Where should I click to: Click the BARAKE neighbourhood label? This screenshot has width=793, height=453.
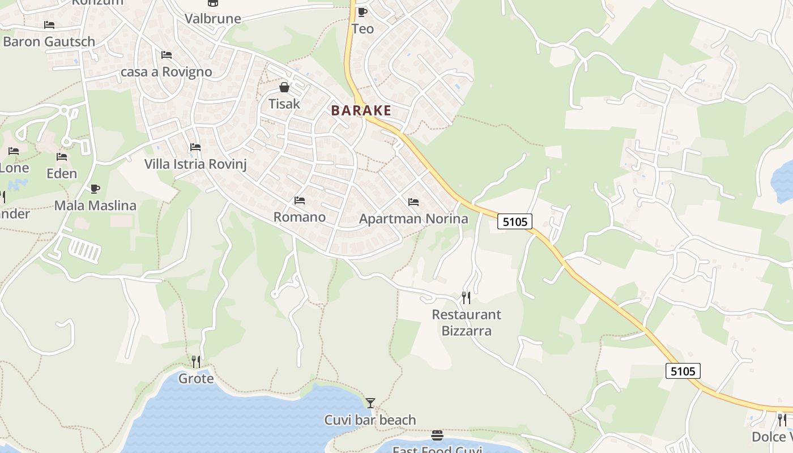[361, 110]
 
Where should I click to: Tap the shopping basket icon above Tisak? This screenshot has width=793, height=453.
[284, 87]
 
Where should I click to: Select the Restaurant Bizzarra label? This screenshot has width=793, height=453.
[466, 322]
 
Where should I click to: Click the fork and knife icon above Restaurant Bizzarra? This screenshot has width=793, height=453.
[466, 297]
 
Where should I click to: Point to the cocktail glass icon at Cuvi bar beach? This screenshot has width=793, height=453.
[370, 403]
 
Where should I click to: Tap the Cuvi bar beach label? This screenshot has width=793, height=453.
[370, 420]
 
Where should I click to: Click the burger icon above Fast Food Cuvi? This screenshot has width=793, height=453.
[437, 435]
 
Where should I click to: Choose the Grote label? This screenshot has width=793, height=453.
[196, 378]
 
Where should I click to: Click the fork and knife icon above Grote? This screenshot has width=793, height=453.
[196, 361]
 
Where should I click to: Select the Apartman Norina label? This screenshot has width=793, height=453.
[413, 219]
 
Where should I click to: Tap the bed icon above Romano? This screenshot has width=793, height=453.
[300, 200]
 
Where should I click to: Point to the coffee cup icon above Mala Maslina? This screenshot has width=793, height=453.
[95, 189]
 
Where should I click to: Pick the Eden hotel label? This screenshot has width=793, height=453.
[62, 173]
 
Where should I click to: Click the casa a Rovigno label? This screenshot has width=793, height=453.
[167, 72]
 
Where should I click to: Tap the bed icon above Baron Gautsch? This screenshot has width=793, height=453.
[49, 25]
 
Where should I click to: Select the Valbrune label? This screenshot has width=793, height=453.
[213, 18]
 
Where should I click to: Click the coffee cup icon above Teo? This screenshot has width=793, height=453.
[363, 12]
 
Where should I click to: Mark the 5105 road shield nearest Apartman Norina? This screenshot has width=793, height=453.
[515, 221]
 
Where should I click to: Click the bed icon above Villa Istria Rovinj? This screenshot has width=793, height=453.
[195, 147]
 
